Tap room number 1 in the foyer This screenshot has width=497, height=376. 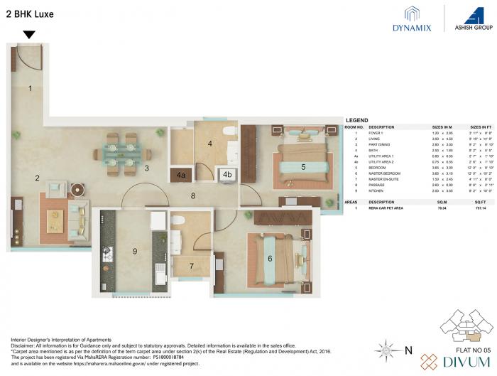click(30, 89)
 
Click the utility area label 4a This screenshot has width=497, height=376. click(181, 174)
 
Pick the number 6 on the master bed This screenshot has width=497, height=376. click(270, 259)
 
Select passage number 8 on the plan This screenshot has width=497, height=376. click(192, 195)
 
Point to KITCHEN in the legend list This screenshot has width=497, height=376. click(378, 190)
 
